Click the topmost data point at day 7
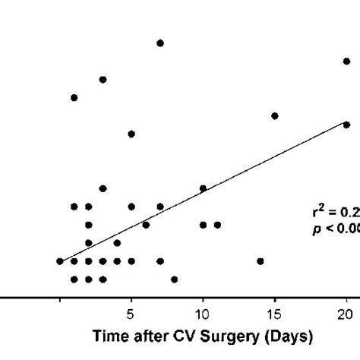click(x=160, y=43)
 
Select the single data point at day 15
click(x=274, y=115)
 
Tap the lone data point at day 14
click(x=261, y=261)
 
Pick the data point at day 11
click(x=217, y=225)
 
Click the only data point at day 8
click(x=175, y=279)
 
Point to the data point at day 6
click(x=146, y=225)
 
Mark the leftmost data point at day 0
click(x=60, y=261)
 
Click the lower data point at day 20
click(x=346, y=125)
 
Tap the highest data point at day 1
click(x=74, y=97)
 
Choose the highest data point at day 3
click(x=103, y=79)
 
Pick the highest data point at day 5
click(x=131, y=134)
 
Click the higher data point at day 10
click(x=203, y=188)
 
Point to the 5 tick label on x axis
click(x=131, y=314)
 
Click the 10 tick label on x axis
click(x=203, y=314)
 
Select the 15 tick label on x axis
click(x=274, y=314)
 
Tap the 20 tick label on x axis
click(x=346, y=314)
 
